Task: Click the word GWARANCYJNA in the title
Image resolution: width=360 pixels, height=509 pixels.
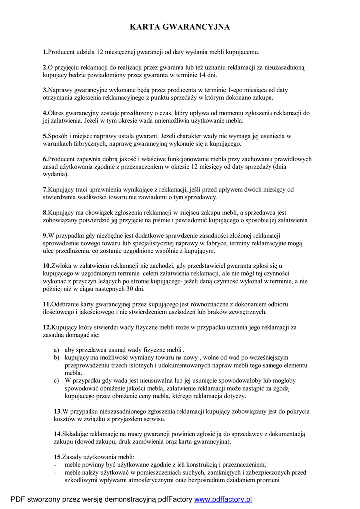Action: [x=200, y=27]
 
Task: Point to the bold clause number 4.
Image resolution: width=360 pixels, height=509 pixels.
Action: [x=45, y=113]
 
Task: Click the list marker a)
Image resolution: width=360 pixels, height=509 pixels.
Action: [x=56, y=350]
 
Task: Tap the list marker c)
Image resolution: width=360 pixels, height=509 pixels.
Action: [x=56, y=381]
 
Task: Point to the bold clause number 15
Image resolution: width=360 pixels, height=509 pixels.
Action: [x=57, y=457]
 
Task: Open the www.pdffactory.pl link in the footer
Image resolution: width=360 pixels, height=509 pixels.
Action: [x=223, y=499]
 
